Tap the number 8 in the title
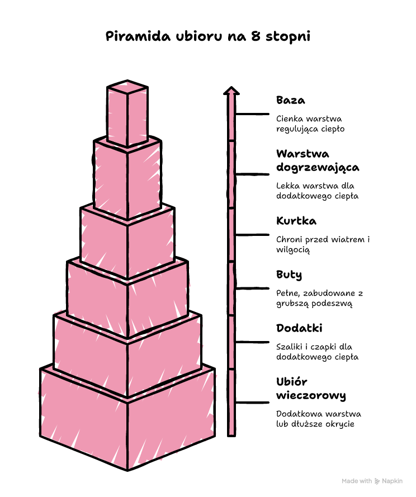click(256, 36)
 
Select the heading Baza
click(290, 100)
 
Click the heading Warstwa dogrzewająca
click(318, 160)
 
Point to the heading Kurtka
click(296, 221)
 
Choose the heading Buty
click(289, 275)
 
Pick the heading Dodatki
click(299, 328)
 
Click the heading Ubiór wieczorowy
click(311, 389)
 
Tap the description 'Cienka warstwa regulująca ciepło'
click(310, 124)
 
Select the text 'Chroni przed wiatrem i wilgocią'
click(323, 244)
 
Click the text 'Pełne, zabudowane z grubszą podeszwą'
click(319, 299)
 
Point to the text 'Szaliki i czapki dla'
click(314, 347)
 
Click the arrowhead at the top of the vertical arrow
click(231, 91)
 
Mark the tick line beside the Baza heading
click(252, 114)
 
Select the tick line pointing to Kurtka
click(252, 235)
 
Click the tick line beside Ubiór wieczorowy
click(252, 403)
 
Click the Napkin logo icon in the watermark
click(377, 481)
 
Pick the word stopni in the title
click(288, 37)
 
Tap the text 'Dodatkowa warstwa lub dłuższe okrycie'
click(318, 419)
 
